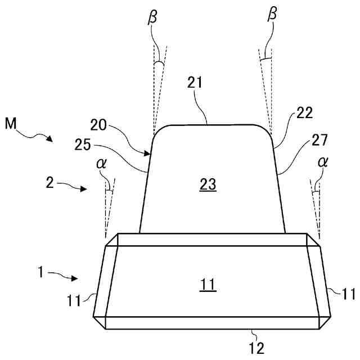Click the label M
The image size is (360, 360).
[11, 122]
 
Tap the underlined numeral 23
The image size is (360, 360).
[208, 184]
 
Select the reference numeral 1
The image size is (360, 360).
[40, 273]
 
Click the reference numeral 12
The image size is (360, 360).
[256, 348]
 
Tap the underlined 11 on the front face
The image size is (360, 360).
[208, 286]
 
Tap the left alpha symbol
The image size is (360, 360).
[101, 164]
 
